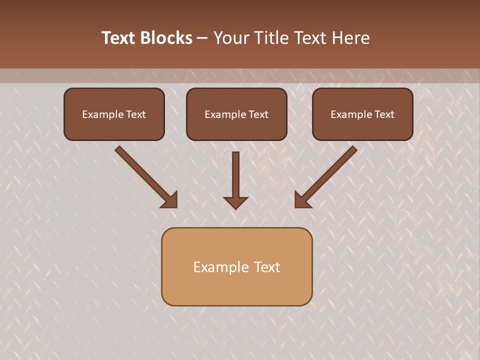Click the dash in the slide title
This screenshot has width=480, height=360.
(x=202, y=38)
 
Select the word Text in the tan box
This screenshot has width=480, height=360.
(x=267, y=267)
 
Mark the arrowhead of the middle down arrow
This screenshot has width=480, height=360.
(x=235, y=202)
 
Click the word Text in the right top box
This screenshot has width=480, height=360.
(x=384, y=114)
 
